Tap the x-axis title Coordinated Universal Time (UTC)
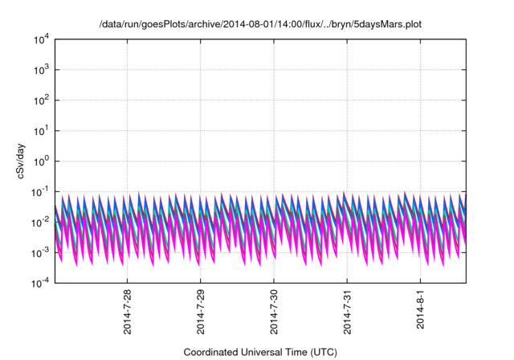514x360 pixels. tap(259, 352)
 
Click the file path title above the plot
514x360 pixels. tap(259, 24)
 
